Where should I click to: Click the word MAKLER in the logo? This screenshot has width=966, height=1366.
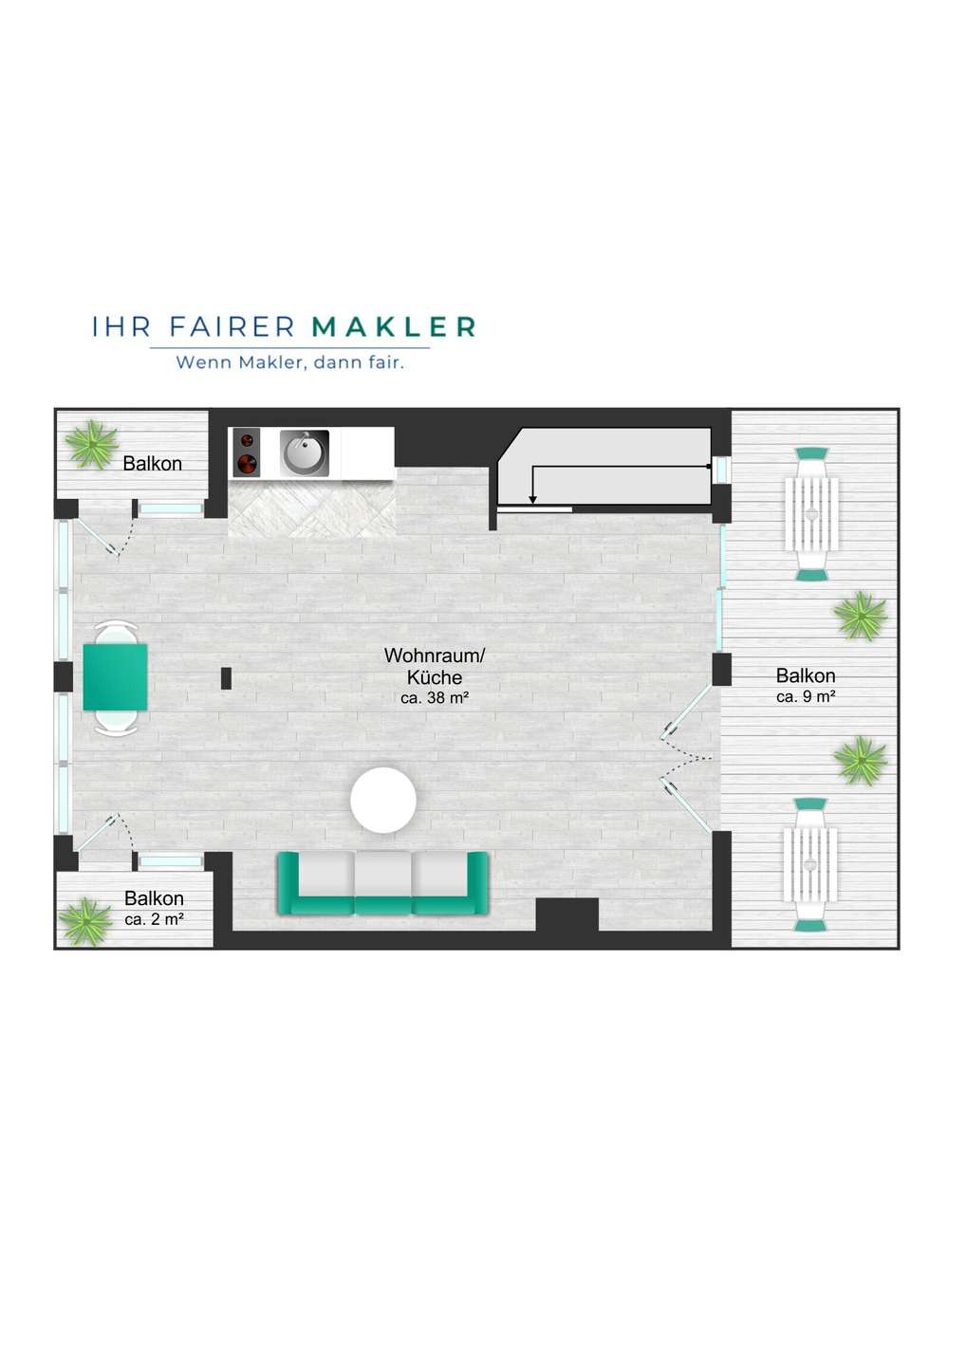pos(394,327)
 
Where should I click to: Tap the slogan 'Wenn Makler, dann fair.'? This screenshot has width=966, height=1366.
pos(290,362)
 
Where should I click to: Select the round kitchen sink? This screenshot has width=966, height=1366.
pos(305,453)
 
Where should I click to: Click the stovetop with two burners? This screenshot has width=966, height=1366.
pos(247,452)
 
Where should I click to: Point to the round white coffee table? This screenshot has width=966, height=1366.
pos(383,800)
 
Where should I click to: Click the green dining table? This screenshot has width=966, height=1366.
pos(115,677)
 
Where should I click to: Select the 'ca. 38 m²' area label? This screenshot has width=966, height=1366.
pos(435,698)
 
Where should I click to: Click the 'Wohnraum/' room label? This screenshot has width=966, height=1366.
pos(435,655)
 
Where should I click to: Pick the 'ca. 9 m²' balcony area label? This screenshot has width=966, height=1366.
pos(806,696)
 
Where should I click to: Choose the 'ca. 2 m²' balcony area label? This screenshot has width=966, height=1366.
pos(155,919)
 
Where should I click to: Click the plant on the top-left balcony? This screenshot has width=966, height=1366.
pos(92,445)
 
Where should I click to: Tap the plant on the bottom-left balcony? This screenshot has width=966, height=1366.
pos(86,921)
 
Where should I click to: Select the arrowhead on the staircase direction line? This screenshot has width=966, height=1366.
pos(532,500)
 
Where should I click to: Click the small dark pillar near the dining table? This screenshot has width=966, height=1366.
pos(226,678)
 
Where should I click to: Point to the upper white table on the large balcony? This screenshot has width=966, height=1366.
pos(811,514)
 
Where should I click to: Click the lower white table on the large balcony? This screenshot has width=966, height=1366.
pos(810,865)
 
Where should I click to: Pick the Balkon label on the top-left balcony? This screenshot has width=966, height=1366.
pos(153,464)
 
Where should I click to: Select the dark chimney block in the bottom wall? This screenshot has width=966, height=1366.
pos(567,914)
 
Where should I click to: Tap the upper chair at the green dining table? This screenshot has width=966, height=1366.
pos(115,632)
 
